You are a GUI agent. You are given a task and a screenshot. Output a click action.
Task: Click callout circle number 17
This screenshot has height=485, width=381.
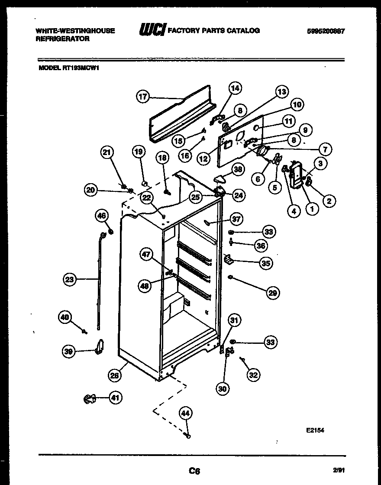(x=143, y=97)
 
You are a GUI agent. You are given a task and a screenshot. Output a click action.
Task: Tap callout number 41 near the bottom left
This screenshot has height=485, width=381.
(x=115, y=398)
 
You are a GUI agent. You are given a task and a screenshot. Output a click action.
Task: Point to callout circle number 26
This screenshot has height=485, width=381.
(x=114, y=375)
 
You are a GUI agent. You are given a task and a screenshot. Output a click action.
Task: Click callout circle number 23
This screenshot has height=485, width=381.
(x=70, y=279)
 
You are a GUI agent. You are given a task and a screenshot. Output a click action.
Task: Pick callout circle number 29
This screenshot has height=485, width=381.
(x=272, y=293)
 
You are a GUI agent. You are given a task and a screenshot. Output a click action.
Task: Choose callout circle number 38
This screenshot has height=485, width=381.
(x=237, y=170)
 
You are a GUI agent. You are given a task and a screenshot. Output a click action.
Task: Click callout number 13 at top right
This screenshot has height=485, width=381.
(x=281, y=92)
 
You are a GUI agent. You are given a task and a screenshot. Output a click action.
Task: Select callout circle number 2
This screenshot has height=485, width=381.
(x=329, y=200)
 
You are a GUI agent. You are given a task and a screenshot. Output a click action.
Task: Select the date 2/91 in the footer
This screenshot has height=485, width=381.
(x=339, y=469)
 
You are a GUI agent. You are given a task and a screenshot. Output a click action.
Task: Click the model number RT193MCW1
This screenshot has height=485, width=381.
(x=85, y=68)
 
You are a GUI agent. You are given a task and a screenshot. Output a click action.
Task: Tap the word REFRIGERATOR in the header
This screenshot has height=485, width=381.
(x=62, y=39)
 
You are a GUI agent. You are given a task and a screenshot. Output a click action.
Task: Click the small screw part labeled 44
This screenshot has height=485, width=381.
(x=188, y=435)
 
